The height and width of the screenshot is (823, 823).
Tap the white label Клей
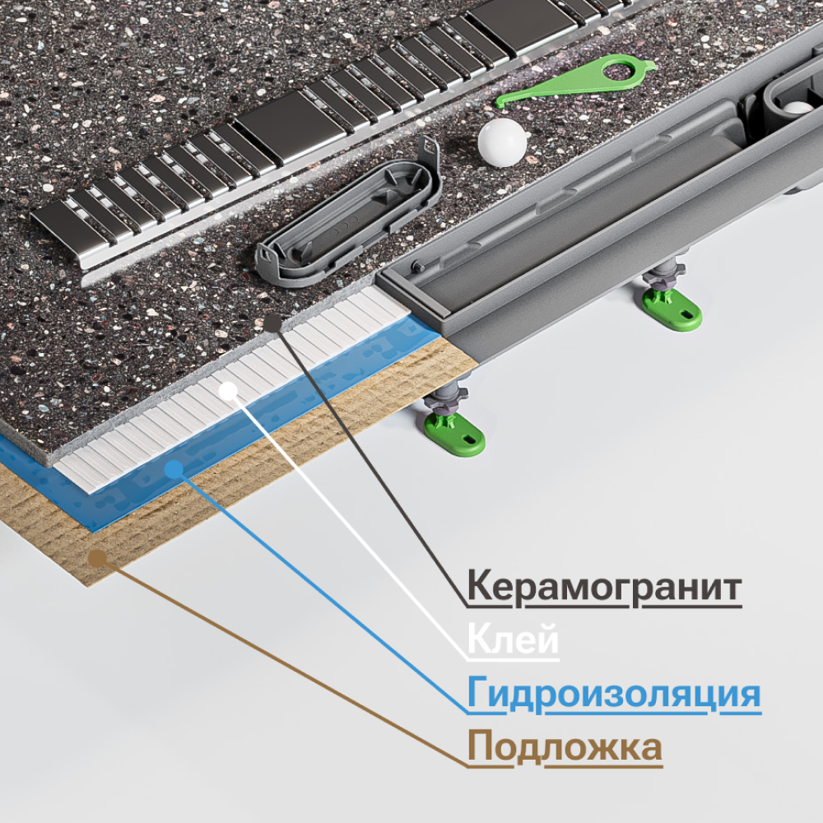(x=513, y=640)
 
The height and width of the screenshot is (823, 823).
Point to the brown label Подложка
(x=565, y=747)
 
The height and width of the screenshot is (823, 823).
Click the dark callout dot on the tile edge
(x=273, y=323)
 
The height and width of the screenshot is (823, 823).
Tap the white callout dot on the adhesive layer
(x=228, y=392)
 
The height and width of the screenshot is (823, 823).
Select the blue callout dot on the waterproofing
(x=174, y=469)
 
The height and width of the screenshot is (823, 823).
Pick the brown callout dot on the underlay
(x=97, y=559)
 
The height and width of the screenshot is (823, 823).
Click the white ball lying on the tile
(x=502, y=142)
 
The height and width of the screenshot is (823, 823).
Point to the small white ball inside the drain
(x=797, y=108)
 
